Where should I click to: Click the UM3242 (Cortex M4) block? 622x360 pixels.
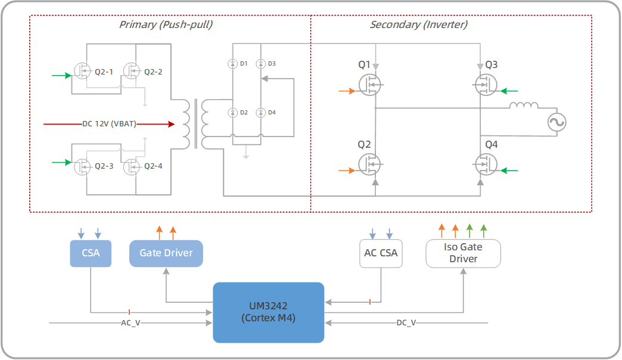(x=268, y=312)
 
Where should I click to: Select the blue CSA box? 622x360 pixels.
(x=91, y=253)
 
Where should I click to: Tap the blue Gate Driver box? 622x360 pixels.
(x=166, y=253)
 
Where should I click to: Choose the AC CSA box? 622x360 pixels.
(x=381, y=253)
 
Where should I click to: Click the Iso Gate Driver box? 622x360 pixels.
(x=463, y=253)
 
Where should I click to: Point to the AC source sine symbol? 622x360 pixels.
(x=556, y=123)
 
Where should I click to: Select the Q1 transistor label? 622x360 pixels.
(x=364, y=64)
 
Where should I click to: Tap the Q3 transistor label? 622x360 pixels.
(x=492, y=64)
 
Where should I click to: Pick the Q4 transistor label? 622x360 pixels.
(x=492, y=145)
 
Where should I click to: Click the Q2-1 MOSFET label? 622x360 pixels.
(x=104, y=72)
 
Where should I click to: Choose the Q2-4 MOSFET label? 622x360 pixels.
(x=153, y=166)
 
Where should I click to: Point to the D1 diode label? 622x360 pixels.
(x=243, y=63)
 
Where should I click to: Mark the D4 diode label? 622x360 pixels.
(x=272, y=113)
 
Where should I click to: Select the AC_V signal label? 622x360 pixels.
(x=130, y=322)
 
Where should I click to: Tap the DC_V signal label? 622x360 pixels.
(x=406, y=322)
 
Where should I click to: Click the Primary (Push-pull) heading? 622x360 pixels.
(x=166, y=25)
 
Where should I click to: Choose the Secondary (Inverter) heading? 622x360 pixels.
(x=418, y=25)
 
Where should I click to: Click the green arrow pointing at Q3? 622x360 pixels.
(x=509, y=91)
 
